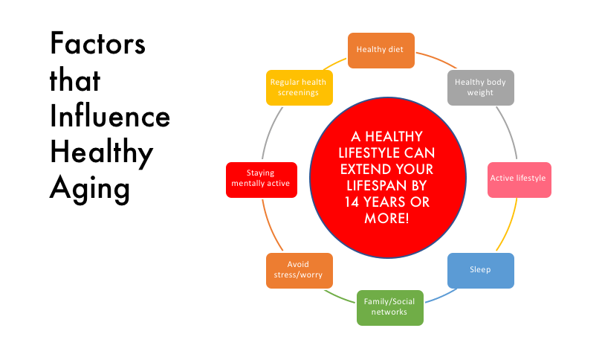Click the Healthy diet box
pos(381,51)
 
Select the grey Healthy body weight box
pos(481,88)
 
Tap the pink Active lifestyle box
pos(519,180)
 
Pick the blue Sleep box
pos(481,271)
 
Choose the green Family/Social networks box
pos(390,308)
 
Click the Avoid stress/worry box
pos(300,271)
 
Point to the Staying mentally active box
pos(262,180)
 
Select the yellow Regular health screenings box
pos(300,88)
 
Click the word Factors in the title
pos(98,43)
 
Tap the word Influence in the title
pos(110,117)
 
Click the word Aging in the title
pos(90,189)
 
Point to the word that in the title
pos(75,80)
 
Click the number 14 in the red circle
pos(352,202)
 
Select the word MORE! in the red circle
pos(386,218)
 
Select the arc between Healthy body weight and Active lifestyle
pos(509,132)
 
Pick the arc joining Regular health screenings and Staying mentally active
pos(271,132)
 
